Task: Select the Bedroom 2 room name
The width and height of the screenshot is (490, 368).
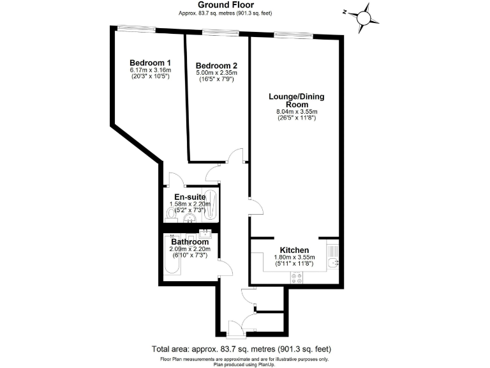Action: (x=217, y=65)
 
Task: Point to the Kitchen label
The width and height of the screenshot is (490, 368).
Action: (x=295, y=250)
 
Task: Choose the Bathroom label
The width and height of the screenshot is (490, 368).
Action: (x=189, y=242)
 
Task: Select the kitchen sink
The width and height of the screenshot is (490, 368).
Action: (x=332, y=262)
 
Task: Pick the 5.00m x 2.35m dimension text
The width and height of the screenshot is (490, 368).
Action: (x=217, y=73)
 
